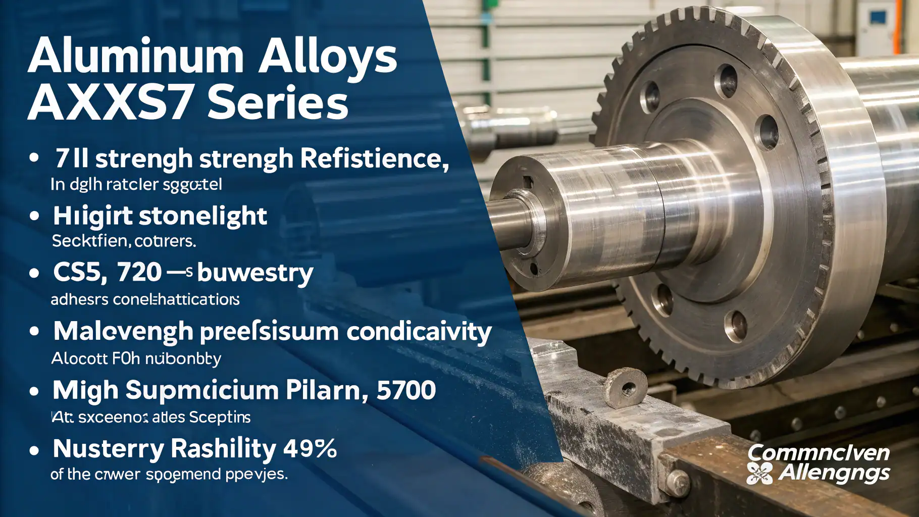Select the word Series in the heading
click(x=278, y=103)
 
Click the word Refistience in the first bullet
click(x=374, y=159)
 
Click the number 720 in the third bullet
click(x=139, y=273)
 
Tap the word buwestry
click(x=255, y=274)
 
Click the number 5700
click(x=406, y=390)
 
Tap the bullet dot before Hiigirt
click(x=34, y=216)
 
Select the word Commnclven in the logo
click(x=818, y=452)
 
